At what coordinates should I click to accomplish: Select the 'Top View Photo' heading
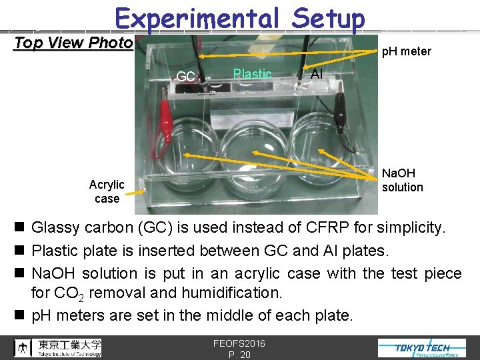(73, 43)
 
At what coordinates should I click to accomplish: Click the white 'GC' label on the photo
(186, 77)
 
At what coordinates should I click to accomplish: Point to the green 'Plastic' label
(252, 74)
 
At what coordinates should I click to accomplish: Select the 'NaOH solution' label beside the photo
(402, 180)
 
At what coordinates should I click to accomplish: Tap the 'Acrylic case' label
(107, 191)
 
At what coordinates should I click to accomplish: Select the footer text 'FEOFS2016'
(239, 343)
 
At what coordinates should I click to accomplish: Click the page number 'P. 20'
(239, 354)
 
